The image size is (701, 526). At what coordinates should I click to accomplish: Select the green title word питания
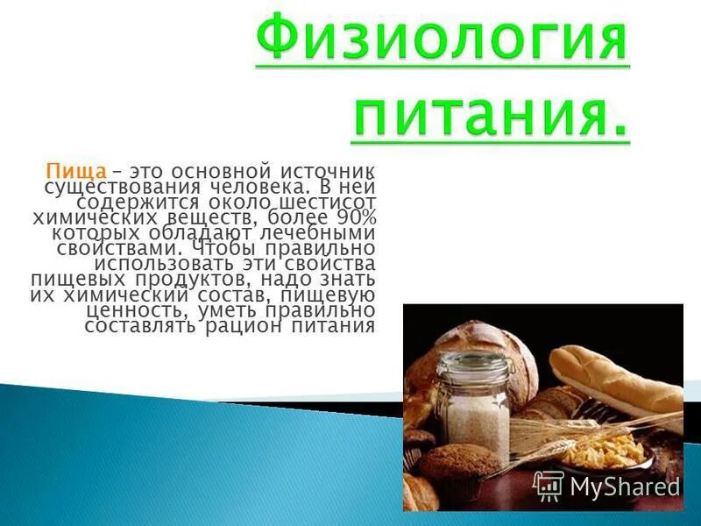(x=490, y=116)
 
